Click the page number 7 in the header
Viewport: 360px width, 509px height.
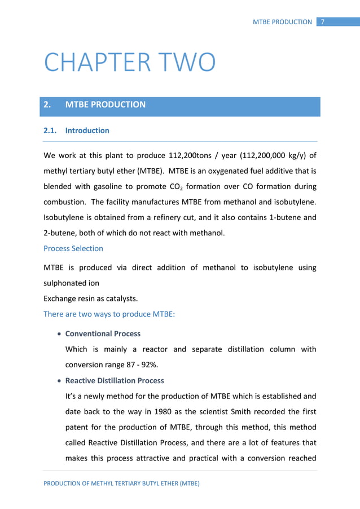(323, 22)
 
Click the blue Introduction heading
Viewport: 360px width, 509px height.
(87, 130)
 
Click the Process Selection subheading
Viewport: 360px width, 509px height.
(73, 248)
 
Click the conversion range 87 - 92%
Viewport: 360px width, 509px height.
(135, 364)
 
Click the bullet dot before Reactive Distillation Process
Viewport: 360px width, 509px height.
(59, 381)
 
